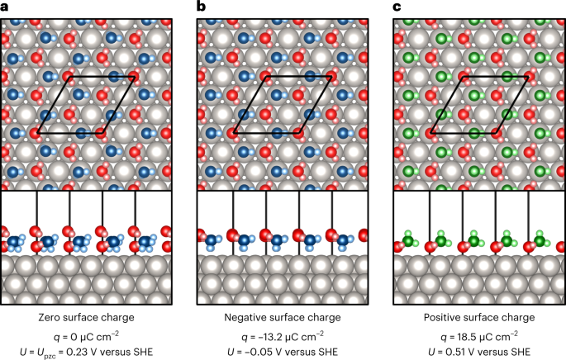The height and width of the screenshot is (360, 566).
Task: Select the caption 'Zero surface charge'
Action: (x=86, y=317)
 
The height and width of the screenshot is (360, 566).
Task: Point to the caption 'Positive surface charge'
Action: (x=478, y=317)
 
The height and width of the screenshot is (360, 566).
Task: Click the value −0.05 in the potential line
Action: (x=269, y=350)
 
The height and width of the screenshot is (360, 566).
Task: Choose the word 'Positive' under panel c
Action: (x=445, y=317)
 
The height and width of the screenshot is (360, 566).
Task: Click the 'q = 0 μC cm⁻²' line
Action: (x=86, y=334)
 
